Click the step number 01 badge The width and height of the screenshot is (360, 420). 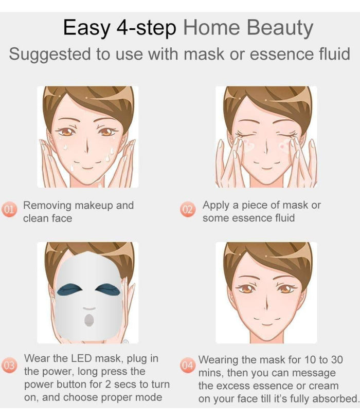click(9, 211)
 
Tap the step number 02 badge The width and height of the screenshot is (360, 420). click(188, 210)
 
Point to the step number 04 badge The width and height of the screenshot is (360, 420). click(188, 366)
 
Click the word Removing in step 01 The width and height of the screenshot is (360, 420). click(47, 206)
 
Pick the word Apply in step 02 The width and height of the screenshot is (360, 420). click(216, 205)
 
